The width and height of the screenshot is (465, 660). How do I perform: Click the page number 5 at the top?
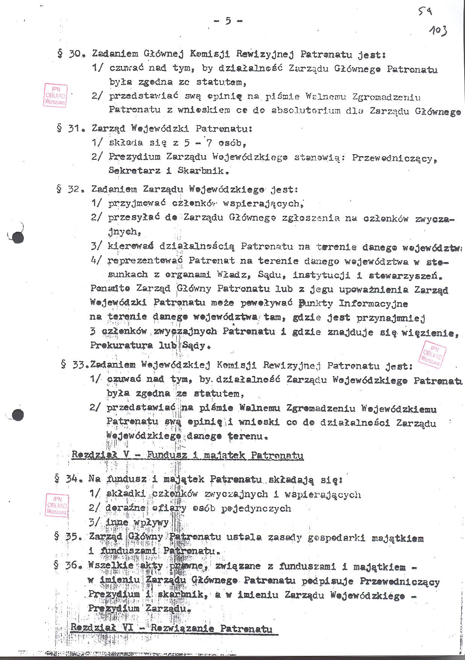pos(228,21)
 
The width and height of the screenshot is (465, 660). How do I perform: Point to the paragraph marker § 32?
pos(68,189)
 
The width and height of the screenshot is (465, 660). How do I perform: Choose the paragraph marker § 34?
pos(67,479)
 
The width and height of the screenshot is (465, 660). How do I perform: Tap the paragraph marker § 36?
pos(67,565)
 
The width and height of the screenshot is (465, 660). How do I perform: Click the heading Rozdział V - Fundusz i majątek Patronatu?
pos(187,455)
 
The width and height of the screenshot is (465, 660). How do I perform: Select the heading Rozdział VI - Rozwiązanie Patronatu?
pos(171,628)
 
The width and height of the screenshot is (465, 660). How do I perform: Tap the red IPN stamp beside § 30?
pos(55,95)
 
